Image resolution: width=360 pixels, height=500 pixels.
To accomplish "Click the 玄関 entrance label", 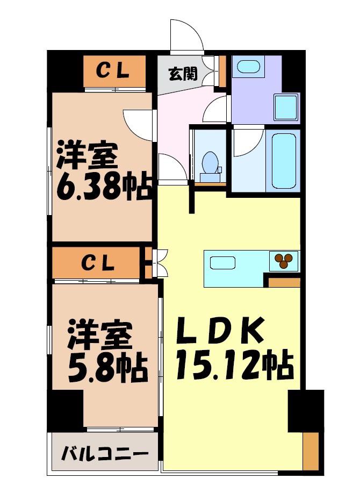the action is click(183, 74).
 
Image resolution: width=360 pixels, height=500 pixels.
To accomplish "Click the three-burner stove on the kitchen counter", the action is click(284, 261).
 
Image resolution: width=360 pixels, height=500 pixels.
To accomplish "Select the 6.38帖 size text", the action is click(103, 188).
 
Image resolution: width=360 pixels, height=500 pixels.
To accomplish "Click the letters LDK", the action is click(221, 330).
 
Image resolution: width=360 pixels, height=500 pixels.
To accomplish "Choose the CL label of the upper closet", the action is click(113, 71).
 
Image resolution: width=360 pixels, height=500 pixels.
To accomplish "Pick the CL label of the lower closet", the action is click(97, 263).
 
